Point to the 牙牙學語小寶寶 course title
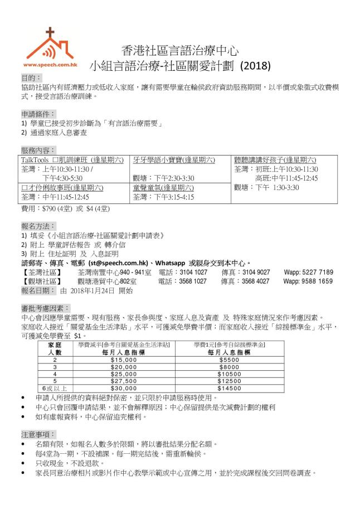pos(173,161)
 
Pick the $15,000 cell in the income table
pos(119,360)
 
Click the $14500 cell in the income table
pos(229,387)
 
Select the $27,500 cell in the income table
pos(119,380)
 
